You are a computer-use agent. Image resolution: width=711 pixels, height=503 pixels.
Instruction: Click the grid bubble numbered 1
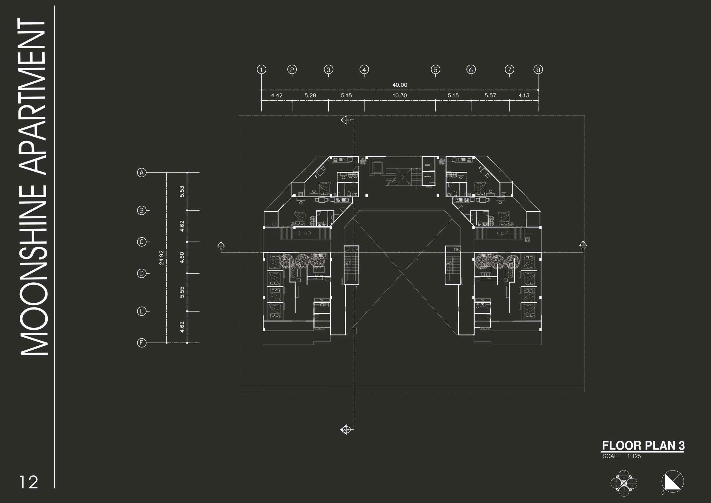(262, 70)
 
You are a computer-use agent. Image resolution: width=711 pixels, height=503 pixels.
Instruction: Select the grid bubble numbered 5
(435, 70)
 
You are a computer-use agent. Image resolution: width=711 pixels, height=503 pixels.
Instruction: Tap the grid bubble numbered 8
(538, 70)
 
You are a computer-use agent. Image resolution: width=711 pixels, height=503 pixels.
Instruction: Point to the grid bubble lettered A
(141, 173)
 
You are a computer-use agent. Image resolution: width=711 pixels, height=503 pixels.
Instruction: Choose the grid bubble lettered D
(141, 273)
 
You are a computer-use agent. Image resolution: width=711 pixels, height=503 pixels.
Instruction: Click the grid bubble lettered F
(141, 343)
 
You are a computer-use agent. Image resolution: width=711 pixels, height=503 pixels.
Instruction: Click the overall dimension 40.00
(400, 85)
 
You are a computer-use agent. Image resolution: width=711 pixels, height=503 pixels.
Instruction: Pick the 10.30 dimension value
(400, 96)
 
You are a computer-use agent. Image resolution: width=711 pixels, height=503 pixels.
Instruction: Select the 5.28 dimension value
(310, 96)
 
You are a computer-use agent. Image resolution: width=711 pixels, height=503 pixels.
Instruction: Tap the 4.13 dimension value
(524, 96)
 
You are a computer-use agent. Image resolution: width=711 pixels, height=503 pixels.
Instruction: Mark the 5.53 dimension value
(182, 191)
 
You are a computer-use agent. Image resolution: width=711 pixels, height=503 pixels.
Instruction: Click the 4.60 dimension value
(182, 257)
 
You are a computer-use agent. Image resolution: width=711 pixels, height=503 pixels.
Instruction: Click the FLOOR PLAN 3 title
(643, 446)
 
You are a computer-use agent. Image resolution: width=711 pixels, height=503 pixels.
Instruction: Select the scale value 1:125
(634, 456)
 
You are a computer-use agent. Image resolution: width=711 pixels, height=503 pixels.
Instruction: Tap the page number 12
(29, 482)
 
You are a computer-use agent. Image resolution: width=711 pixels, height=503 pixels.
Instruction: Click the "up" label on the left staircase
(307, 233)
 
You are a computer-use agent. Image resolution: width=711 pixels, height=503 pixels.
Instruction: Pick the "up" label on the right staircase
(501, 233)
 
